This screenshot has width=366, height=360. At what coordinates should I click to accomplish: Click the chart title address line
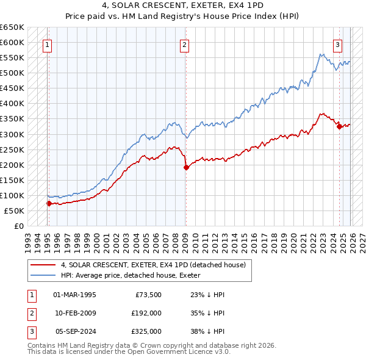coord(183,5)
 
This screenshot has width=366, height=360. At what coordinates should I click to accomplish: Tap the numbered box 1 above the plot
coord(48,44)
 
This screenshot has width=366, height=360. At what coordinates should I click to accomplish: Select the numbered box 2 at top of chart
coord(185,44)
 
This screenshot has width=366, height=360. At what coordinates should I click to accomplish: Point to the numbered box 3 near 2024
coord(337,44)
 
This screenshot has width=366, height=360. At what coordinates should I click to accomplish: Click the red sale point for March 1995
coord(49,203)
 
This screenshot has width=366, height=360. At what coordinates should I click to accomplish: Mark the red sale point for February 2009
coord(186,167)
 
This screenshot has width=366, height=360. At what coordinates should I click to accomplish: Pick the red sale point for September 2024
coord(339,126)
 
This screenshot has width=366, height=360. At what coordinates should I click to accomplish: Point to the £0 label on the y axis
coord(18,226)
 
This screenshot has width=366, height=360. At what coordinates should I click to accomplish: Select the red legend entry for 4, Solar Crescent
coord(152,265)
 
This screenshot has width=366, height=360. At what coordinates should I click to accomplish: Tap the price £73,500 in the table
coord(148,295)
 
